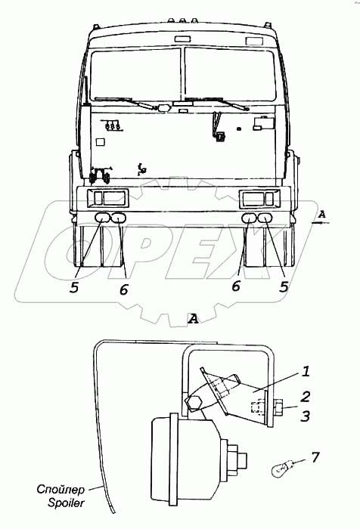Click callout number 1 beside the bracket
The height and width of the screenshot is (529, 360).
point(306,372)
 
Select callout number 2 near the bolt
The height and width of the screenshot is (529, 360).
point(306,396)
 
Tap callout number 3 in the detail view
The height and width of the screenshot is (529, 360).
point(306,416)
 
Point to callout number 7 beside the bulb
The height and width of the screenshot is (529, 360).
point(315,458)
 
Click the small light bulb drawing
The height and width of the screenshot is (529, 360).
point(280,469)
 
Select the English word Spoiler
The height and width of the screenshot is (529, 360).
point(66,503)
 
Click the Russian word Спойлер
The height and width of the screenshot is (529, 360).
point(61,489)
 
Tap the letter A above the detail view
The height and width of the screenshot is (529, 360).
point(193,318)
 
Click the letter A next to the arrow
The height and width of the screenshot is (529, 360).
point(322,214)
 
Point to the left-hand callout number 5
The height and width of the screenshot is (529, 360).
point(74,287)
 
